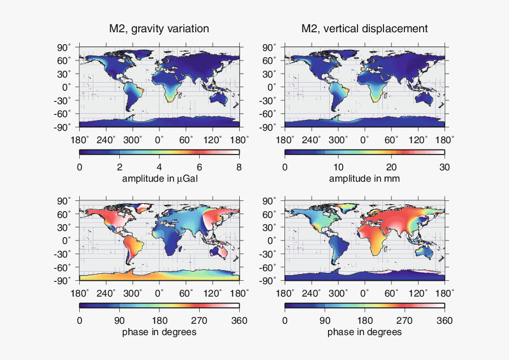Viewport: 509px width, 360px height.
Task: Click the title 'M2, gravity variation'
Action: coord(159,28)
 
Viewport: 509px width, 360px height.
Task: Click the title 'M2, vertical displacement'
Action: coord(364,28)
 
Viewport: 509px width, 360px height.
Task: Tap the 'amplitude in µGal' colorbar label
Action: coord(159,178)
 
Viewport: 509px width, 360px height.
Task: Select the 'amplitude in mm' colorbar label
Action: coord(364,178)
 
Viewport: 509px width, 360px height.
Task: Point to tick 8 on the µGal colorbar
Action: coord(239,167)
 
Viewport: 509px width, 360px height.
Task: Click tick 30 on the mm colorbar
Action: coord(445,167)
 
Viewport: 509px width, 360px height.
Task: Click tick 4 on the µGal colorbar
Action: coord(159,167)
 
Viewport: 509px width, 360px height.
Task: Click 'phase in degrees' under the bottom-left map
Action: coord(159,332)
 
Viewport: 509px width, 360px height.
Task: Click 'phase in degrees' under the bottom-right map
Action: coord(364,332)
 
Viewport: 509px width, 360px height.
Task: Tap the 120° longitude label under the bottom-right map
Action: coord(419,293)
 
